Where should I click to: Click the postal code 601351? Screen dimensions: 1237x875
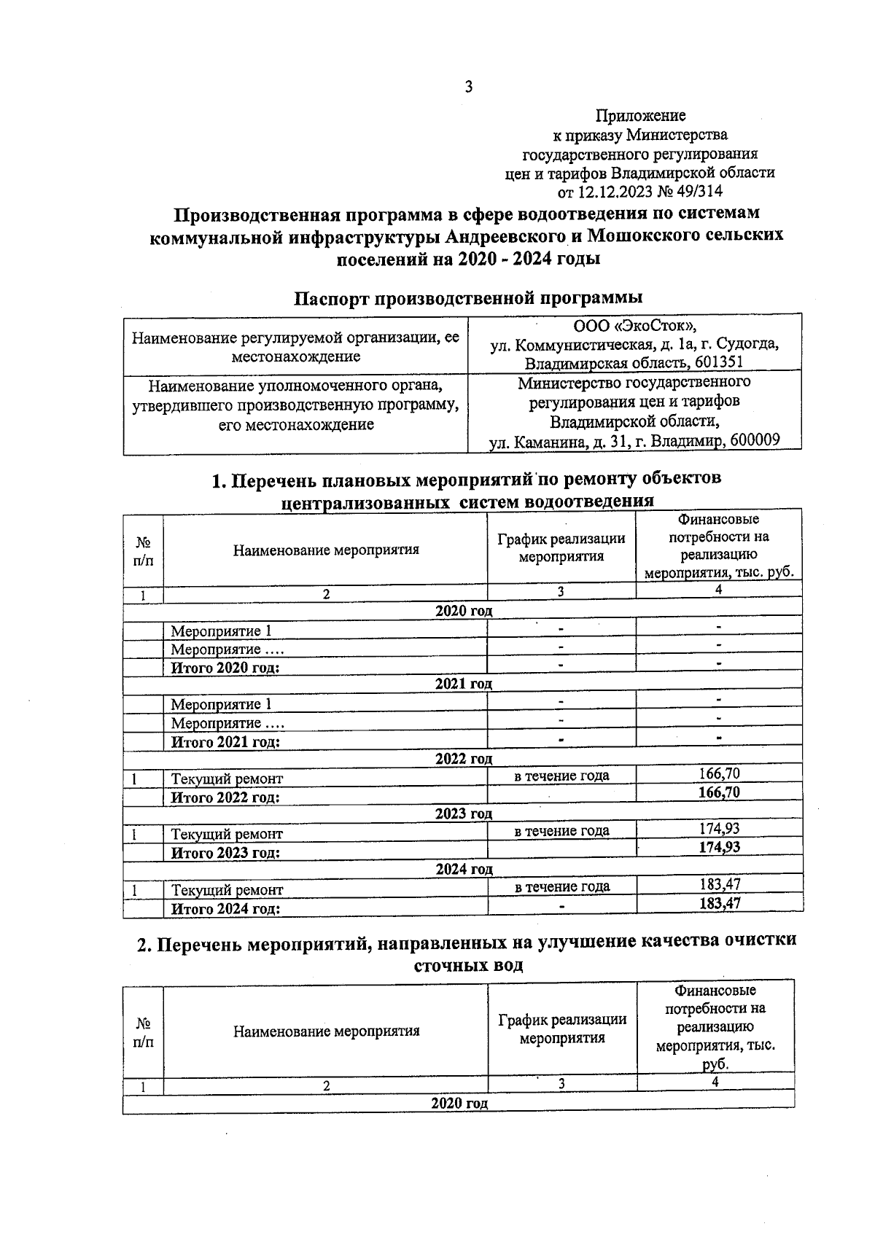pyautogui.click(x=717, y=362)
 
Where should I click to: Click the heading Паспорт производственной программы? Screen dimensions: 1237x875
pyautogui.click(x=468, y=297)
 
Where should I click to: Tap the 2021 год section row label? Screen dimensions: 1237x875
pyautogui.click(x=463, y=684)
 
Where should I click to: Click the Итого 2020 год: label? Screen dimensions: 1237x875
pyautogui.click(x=225, y=668)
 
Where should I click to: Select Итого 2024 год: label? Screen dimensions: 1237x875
pyautogui.click(x=225, y=909)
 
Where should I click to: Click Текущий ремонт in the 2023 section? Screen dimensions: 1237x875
pyautogui.click(x=227, y=834)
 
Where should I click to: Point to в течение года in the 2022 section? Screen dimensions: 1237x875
pyautogui.click(x=561, y=776)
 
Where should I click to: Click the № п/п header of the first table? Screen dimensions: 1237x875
pyautogui.click(x=144, y=551)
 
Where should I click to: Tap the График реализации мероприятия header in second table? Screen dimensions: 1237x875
pyautogui.click(x=561, y=1029)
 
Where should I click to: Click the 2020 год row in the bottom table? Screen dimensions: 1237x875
pyautogui.click(x=459, y=1103)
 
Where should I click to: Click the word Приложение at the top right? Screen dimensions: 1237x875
pyautogui.click(x=640, y=115)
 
